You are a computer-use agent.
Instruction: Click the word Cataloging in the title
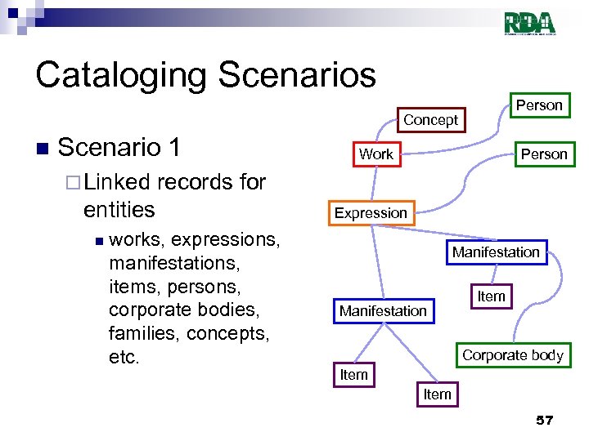(118, 75)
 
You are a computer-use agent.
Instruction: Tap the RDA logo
(529, 24)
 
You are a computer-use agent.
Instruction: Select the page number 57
(544, 420)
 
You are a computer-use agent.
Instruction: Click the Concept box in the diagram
(430, 120)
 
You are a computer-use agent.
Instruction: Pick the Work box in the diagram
(375, 154)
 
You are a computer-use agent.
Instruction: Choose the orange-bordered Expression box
(370, 213)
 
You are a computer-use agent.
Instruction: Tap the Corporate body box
(512, 355)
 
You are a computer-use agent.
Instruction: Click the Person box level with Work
(543, 154)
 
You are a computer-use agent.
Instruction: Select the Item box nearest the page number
(437, 394)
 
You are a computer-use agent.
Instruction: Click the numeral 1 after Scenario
(173, 148)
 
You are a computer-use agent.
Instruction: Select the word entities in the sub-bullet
(119, 209)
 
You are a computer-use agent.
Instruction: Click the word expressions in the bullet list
(225, 240)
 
